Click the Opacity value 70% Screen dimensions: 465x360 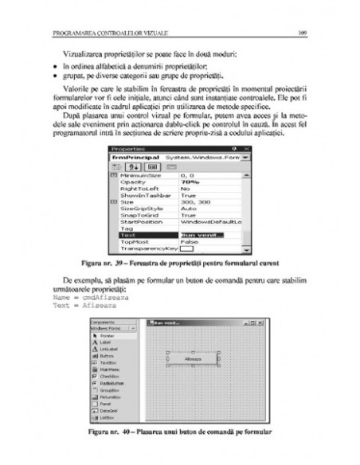coord(190,182)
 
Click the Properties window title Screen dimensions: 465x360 coord(128,149)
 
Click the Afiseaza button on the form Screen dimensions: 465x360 coord(193,359)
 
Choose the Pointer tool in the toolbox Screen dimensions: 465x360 coord(108,337)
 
